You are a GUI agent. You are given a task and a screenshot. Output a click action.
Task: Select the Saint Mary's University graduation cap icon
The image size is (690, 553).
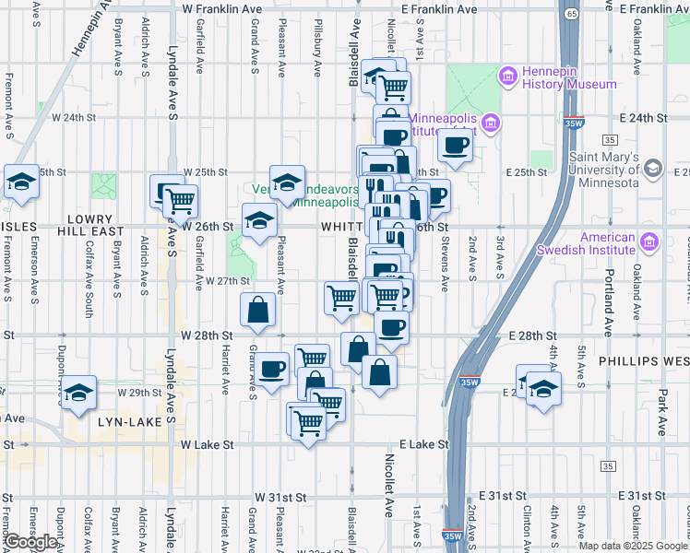tap(653, 168)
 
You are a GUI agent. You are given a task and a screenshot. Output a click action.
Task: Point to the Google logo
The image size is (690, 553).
tap(30, 542)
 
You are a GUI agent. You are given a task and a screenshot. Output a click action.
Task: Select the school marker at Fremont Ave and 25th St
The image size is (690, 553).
tap(20, 182)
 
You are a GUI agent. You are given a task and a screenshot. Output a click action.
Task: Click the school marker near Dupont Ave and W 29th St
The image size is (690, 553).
tap(79, 393)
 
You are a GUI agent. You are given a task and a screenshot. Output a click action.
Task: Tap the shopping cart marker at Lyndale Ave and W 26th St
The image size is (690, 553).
tap(179, 199)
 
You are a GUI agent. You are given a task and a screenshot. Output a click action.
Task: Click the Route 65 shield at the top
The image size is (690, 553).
tap(573, 14)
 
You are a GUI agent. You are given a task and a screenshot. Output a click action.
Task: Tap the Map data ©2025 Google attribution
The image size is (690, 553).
tap(633, 546)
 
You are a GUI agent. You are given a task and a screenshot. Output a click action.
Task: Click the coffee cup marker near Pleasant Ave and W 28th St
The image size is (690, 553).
tap(272, 370)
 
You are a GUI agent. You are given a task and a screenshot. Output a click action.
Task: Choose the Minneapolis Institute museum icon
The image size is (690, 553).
tap(490, 124)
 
